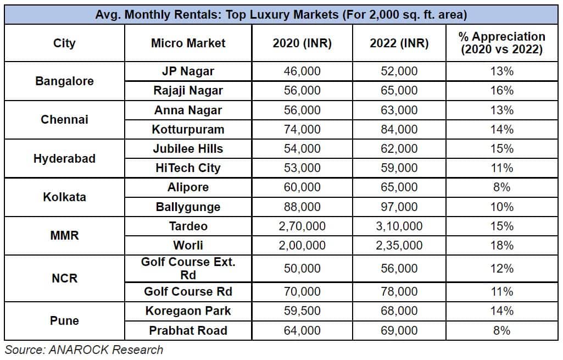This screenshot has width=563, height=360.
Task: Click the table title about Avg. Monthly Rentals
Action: pos(281,14)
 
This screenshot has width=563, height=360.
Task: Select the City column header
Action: pos(64,43)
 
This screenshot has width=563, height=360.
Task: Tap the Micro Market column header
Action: pos(188,43)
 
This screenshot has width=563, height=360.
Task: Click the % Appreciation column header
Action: pos(501,43)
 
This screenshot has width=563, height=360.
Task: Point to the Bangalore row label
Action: pos(64,81)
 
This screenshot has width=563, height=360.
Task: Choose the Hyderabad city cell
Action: pos(64,158)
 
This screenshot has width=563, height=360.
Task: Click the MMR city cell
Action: pos(64,236)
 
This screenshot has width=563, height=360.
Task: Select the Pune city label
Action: pos(64,320)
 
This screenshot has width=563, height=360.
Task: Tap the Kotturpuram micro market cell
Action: pos(188,130)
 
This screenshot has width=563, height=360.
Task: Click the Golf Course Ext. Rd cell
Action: pos(188,268)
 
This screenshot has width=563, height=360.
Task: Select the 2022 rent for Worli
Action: pos(399,246)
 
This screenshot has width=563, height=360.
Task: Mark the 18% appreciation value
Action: pos(501,246)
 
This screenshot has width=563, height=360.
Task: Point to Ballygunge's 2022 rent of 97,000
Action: pos(399,207)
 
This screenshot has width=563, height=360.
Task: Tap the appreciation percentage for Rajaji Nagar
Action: pos(501,91)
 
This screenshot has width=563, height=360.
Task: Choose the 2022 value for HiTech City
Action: pos(399,168)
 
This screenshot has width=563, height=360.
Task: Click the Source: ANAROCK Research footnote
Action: pos(84,350)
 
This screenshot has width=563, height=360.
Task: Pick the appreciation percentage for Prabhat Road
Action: pos(501,330)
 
